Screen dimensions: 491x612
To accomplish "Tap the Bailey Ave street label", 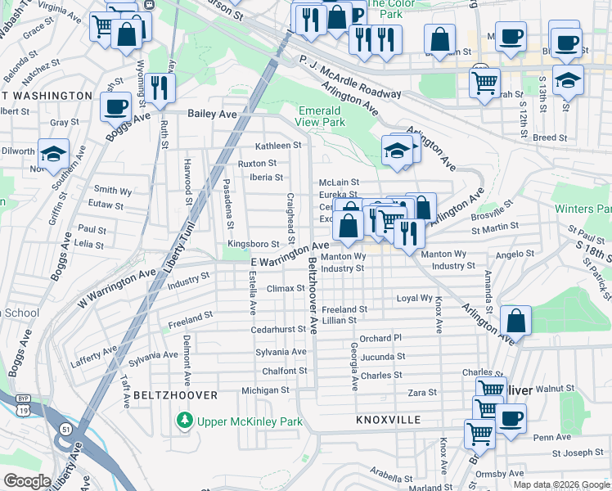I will [212, 115].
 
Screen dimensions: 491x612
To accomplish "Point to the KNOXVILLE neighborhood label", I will [389, 420].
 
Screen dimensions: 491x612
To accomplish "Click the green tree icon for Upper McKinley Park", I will [185, 421].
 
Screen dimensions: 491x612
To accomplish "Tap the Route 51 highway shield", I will [65, 428].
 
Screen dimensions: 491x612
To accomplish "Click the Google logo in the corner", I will [26, 481].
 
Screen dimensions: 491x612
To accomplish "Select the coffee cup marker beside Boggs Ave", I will [115, 106].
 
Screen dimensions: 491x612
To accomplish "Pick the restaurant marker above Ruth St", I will [161, 88].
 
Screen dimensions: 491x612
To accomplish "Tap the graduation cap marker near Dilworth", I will [53, 154].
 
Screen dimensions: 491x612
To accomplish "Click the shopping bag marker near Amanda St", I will [516, 320].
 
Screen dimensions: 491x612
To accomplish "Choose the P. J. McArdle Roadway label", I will [349, 76].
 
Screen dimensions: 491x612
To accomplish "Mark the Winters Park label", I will [583, 209].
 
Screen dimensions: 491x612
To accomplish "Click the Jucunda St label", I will [382, 357].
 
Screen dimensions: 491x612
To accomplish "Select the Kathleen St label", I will [278, 146].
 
